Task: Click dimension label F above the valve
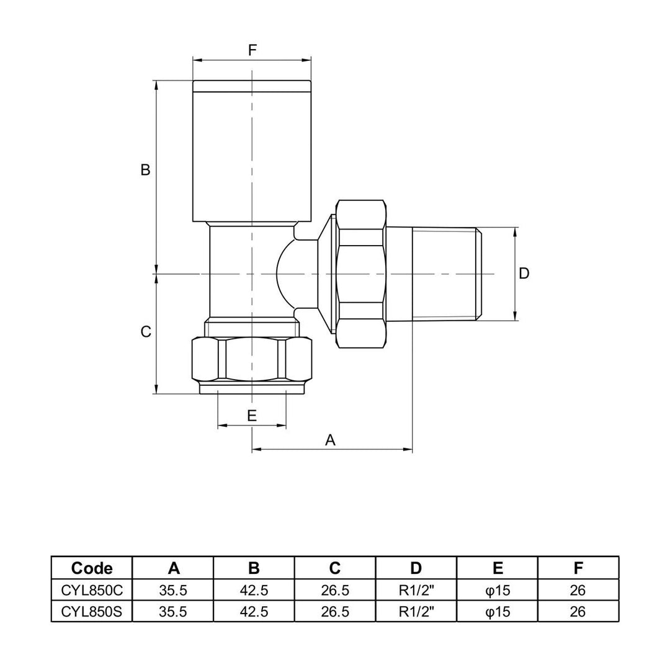click(252, 50)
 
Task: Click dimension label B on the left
click(145, 170)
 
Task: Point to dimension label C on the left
click(146, 332)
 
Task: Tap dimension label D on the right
click(524, 274)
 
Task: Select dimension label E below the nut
click(252, 416)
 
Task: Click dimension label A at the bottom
click(331, 440)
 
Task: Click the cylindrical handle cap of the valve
click(251, 152)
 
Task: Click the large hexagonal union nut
click(360, 274)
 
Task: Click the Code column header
click(92, 568)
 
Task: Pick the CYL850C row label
click(92, 590)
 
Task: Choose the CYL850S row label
click(92, 612)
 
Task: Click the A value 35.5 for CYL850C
click(173, 590)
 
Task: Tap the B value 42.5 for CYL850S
click(254, 612)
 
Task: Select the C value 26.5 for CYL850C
click(335, 590)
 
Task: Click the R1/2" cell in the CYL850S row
click(416, 612)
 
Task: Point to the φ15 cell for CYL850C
click(497, 590)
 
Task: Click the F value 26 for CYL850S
click(578, 612)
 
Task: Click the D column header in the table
click(416, 568)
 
